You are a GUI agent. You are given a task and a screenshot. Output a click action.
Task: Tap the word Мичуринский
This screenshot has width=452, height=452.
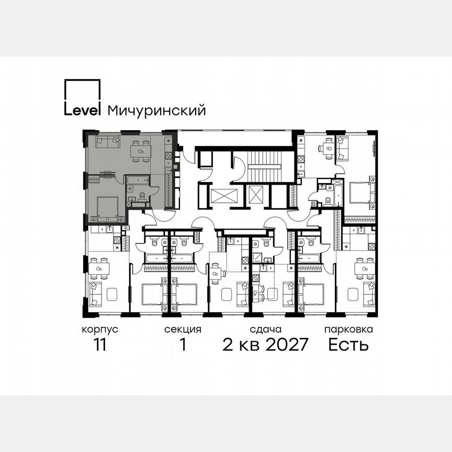click(x=155, y=110)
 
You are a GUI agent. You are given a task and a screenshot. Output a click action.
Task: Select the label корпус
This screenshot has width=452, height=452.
click(x=100, y=330)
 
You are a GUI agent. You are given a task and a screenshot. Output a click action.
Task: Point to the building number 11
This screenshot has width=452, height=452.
click(x=100, y=345)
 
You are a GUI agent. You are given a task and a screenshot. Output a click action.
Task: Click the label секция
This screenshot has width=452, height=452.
click(x=183, y=330)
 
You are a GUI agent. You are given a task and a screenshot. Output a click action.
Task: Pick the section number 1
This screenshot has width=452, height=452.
click(x=183, y=345)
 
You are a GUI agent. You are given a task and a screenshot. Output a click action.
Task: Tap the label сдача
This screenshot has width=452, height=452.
click(x=266, y=330)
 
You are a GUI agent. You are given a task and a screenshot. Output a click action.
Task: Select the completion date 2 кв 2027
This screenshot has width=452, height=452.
click(x=266, y=345)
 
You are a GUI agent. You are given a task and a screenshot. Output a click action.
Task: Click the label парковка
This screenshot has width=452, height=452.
click(x=348, y=330)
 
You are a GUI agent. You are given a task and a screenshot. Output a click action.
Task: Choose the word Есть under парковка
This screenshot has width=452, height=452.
click(x=348, y=345)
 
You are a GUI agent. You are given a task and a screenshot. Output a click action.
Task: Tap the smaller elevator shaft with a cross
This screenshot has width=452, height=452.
click(x=256, y=195)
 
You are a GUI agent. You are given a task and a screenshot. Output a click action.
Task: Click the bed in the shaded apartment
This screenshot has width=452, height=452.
click(x=108, y=206)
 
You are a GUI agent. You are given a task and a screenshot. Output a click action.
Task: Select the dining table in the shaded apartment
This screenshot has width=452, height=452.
click(x=140, y=150)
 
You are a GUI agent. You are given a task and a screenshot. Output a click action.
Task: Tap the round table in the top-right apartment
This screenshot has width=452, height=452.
click(x=328, y=148)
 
